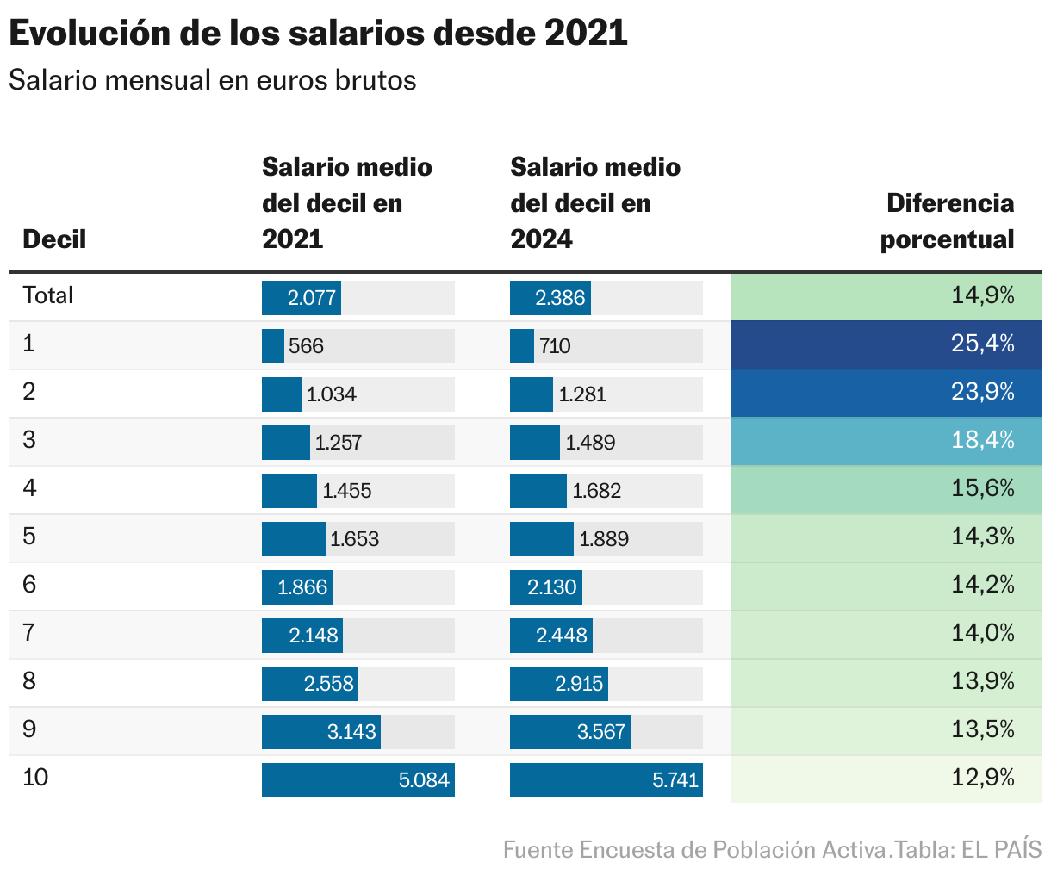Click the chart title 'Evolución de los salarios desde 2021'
(x=317, y=34)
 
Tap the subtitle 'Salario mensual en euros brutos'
(x=212, y=80)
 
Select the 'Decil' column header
(x=54, y=239)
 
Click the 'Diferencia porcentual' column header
(x=948, y=221)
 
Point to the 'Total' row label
(x=48, y=295)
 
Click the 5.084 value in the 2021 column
(x=424, y=780)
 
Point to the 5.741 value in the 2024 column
(x=675, y=780)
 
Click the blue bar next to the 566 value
(x=273, y=346)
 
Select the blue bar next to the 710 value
(x=522, y=346)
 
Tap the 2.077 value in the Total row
(x=311, y=298)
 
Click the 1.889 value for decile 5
(x=604, y=539)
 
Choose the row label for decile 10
(x=35, y=779)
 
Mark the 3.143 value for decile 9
(x=351, y=732)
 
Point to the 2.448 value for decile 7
(x=562, y=636)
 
